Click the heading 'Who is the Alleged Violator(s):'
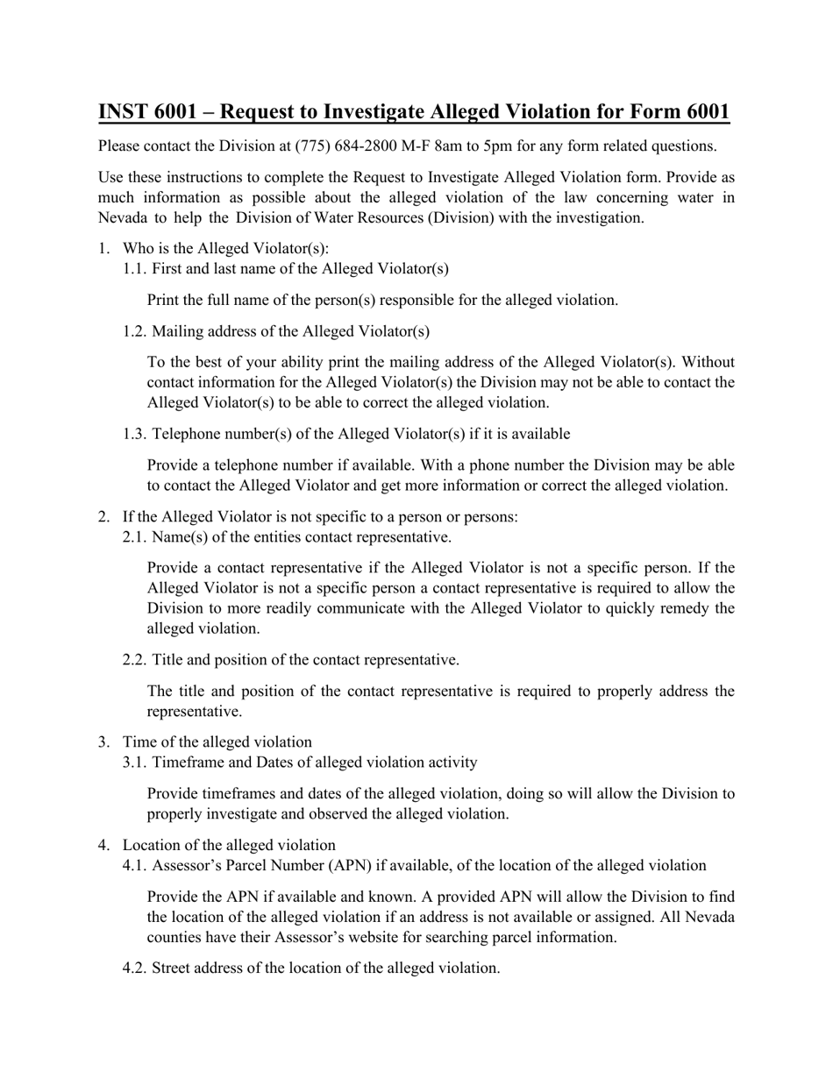point(225,248)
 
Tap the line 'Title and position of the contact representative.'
point(305,659)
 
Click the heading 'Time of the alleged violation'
point(217,741)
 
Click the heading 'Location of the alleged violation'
point(229,845)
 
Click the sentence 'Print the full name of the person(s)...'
point(382,300)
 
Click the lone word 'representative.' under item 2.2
point(194,711)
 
